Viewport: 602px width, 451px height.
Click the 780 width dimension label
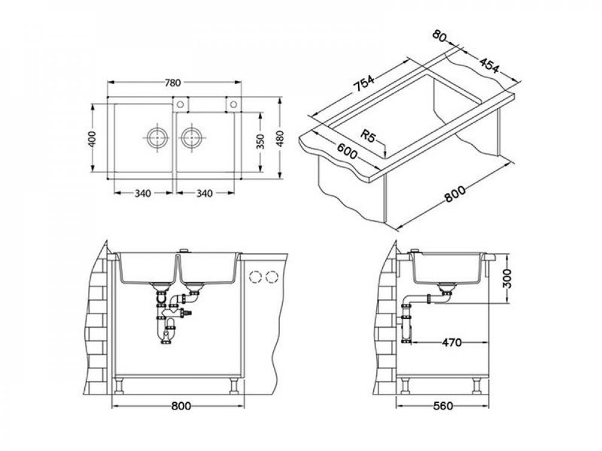coord(172,82)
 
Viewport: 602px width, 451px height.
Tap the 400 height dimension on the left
coord(92,138)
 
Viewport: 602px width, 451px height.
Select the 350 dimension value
coord(261,141)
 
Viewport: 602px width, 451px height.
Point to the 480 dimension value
coord(281,138)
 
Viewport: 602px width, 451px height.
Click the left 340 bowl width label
coord(143,194)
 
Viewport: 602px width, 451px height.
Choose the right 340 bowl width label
coord(204,194)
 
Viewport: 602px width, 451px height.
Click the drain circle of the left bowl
coord(157,137)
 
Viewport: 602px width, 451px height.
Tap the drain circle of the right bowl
coord(191,137)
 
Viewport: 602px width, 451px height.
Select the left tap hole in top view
coord(180,104)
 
